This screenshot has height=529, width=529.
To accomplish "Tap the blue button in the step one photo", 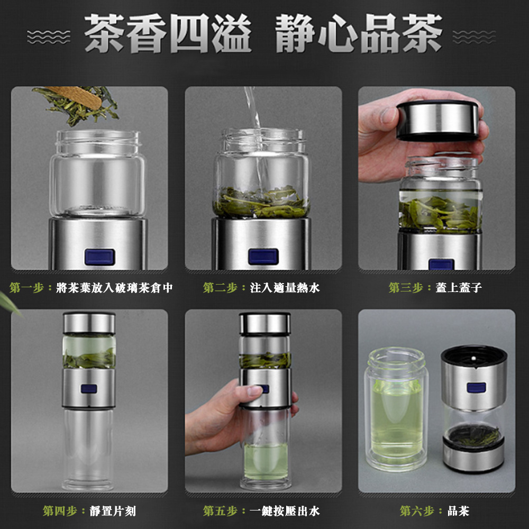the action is pyautogui.click(x=99, y=257).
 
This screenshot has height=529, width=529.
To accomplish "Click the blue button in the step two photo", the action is pyautogui.click(x=263, y=257).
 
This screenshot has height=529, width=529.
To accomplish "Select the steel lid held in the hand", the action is pyautogui.click(x=437, y=120).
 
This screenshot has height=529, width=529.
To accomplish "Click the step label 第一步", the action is pyautogui.click(x=26, y=288).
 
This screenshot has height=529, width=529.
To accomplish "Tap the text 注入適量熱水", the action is pyautogui.click(x=285, y=288).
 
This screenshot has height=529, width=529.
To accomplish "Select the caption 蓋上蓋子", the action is pyautogui.click(x=459, y=287).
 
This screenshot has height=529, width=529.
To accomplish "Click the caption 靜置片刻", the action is pyautogui.click(x=113, y=511).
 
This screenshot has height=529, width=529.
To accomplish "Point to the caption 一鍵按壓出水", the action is pyautogui.click(x=285, y=511).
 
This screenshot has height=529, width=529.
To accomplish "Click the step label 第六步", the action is pyautogui.click(x=417, y=511).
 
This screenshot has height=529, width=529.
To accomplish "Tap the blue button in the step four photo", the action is pyautogui.click(x=89, y=389).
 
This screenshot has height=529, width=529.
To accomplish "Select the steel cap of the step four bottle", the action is pyautogui.click(x=89, y=323).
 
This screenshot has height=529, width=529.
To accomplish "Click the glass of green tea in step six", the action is pyautogui.click(x=396, y=409).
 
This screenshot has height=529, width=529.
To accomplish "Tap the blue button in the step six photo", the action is pyautogui.click(x=476, y=388).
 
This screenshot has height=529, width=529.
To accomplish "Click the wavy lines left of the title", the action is pyautogui.click(x=49, y=37).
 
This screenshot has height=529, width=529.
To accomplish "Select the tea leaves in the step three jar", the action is pyautogui.click(x=440, y=213).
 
